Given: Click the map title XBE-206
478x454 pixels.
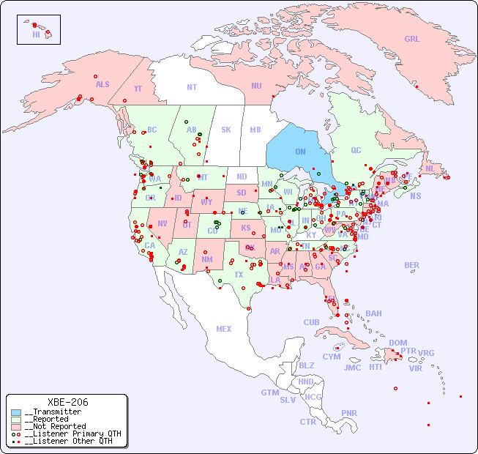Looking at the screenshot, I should click(x=67, y=402).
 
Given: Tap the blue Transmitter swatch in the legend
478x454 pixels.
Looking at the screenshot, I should click(x=16, y=412).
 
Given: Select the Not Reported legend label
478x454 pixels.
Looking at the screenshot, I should click(x=55, y=426).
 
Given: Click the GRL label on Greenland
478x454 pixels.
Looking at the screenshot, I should click(x=412, y=40).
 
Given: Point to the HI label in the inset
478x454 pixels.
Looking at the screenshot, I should click(x=36, y=34).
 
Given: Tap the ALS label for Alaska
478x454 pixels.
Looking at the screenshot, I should click(x=102, y=85).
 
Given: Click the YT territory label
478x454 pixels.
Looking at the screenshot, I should click(x=138, y=89).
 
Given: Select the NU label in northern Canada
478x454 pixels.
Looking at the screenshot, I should click(x=256, y=86).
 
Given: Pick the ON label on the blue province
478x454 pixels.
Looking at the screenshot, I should click(x=300, y=152).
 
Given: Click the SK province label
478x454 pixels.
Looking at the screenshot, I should click(x=226, y=130).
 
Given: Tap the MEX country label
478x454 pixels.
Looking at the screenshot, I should click(x=224, y=330).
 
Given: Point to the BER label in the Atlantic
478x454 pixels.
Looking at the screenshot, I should click(x=412, y=266).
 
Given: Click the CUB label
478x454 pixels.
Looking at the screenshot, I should click(x=311, y=323).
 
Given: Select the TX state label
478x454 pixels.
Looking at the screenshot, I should click(x=239, y=275).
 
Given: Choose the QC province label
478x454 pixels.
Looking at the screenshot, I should click(x=356, y=151).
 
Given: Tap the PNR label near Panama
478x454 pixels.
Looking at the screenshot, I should click(x=349, y=414).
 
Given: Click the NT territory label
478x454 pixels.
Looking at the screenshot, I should click(x=192, y=87).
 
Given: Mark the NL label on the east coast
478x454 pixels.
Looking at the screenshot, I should click(x=430, y=168).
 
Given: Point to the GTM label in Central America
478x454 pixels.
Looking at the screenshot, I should click(x=269, y=393).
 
